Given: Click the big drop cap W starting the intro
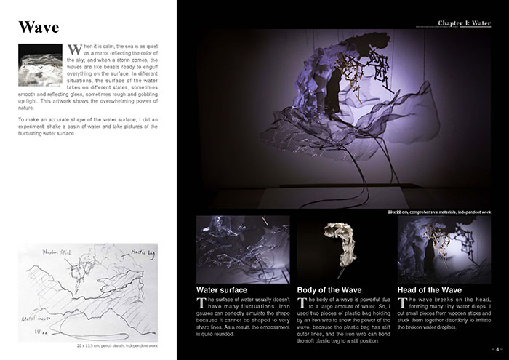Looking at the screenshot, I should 73,50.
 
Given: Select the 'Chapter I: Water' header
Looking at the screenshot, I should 465,23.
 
